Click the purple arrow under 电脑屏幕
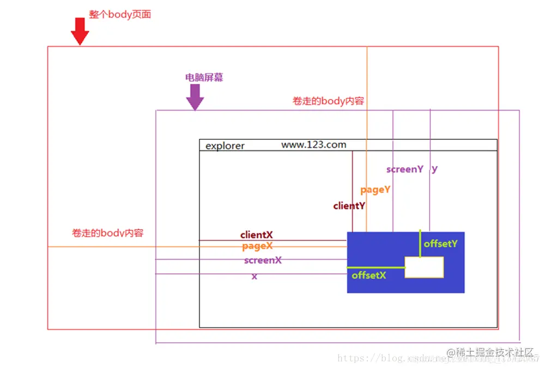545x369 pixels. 195,97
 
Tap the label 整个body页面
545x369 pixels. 120,15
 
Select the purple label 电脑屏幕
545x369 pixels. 204,78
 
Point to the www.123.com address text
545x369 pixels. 313,145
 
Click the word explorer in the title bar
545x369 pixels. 225,146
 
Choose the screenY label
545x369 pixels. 404,169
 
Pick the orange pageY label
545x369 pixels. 376,190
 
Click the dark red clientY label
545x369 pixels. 349,206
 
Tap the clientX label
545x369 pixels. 257,235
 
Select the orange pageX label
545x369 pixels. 257,247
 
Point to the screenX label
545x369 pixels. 263,260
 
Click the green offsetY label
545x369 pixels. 440,244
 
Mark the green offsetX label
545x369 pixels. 369,275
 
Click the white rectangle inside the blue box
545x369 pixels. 424,267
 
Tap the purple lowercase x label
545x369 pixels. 255,276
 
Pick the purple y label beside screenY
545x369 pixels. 434,169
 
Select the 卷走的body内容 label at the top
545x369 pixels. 329,101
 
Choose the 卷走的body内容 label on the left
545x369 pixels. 108,233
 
